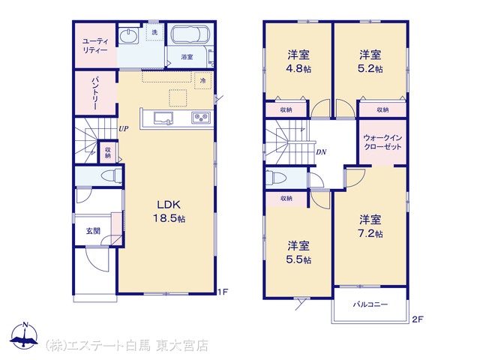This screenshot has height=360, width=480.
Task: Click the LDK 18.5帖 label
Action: click(x=169, y=211)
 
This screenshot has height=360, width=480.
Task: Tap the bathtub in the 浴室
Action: click(x=190, y=34)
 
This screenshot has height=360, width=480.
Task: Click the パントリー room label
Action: click(x=95, y=93)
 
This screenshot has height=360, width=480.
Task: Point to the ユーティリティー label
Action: click(x=95, y=46)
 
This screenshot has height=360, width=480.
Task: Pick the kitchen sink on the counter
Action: click(x=163, y=118)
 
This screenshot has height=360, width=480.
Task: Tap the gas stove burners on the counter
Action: click(x=201, y=118)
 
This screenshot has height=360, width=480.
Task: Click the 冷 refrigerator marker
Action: click(x=203, y=81)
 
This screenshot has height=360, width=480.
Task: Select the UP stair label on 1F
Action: click(x=123, y=129)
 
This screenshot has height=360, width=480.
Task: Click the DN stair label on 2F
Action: click(x=321, y=151)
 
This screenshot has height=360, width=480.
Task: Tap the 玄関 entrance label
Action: click(x=93, y=231)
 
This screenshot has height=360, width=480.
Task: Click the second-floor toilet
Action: click(x=275, y=177)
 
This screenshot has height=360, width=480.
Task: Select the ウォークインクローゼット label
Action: click(x=382, y=142)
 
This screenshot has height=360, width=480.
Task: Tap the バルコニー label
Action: click(x=370, y=304)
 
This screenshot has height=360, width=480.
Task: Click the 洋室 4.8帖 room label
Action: click(x=298, y=61)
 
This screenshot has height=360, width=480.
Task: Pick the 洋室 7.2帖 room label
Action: click(x=370, y=226)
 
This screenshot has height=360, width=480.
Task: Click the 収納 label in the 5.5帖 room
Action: click(x=286, y=199)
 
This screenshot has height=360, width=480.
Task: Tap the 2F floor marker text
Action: click(x=417, y=319)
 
